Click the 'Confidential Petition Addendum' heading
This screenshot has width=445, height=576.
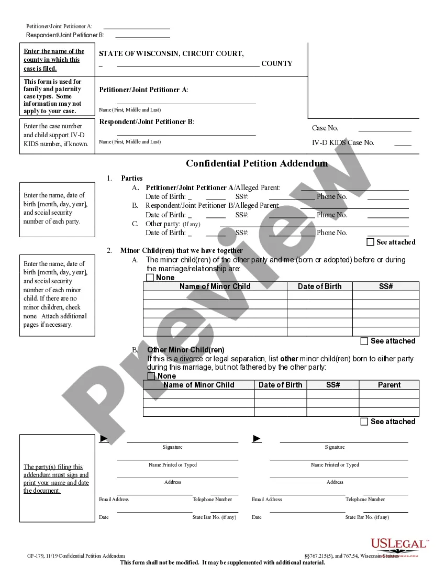257,163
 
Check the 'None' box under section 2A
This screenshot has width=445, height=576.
150,278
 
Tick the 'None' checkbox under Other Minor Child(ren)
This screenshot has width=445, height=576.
151,376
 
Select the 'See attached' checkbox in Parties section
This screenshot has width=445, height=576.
371,242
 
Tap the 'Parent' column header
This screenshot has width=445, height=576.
389,385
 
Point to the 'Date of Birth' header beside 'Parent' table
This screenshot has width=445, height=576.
280,385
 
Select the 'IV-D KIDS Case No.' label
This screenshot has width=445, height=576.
343,142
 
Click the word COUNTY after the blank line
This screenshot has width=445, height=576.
277,64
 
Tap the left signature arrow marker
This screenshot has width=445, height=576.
104,438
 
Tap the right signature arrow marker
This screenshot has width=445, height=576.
257,438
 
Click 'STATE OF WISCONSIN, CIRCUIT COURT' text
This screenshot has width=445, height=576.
171,53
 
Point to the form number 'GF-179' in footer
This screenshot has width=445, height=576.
36,556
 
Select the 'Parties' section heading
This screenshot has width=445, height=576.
131,178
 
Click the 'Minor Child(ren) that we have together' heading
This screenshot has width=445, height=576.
181,250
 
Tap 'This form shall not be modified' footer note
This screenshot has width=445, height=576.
222,563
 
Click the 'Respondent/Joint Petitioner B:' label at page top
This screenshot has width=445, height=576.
65,35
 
